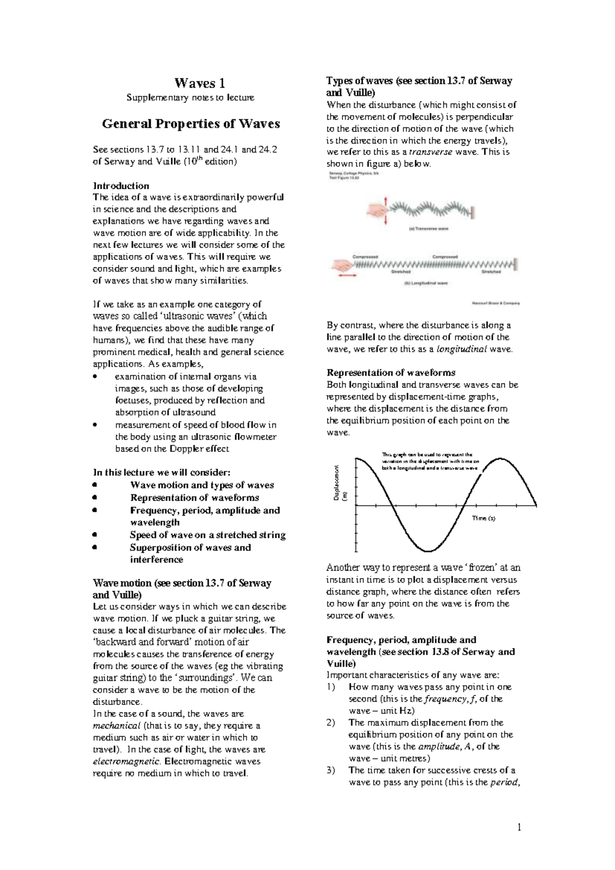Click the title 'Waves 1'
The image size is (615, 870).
[199, 83]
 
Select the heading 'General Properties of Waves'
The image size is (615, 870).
[191, 124]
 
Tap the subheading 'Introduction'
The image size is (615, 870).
[120, 186]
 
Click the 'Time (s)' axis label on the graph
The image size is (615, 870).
[483, 518]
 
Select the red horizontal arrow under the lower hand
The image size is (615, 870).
[346, 276]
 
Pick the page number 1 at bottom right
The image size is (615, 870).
[518, 826]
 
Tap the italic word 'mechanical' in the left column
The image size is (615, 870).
[116, 726]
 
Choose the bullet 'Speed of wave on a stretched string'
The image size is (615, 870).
[208, 535]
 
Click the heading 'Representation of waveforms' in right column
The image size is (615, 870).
[391, 372]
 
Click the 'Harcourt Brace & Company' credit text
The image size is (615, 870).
[496, 303]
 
